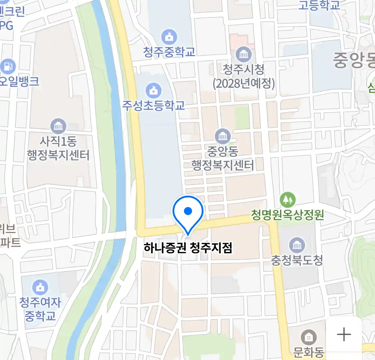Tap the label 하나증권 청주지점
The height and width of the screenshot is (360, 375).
click(x=188, y=248)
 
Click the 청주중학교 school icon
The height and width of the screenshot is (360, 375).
click(x=169, y=37)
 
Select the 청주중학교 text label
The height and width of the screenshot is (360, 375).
click(x=169, y=52)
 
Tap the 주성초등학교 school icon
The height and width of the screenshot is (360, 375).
click(x=153, y=90)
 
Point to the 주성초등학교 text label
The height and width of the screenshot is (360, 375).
click(x=153, y=105)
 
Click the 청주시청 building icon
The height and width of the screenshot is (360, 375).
click(x=244, y=54)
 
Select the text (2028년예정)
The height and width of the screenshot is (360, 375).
click(x=244, y=83)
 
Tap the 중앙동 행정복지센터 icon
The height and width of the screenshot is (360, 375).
click(x=223, y=136)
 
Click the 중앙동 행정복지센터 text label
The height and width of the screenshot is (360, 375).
click(x=223, y=158)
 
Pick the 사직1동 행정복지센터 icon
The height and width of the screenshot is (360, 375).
click(x=58, y=126)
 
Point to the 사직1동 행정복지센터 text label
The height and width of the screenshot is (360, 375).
click(x=58, y=148)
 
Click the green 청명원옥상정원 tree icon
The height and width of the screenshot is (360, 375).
click(x=287, y=200)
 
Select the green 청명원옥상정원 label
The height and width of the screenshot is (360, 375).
click(x=287, y=215)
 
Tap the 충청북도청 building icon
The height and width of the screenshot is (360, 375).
click(x=297, y=245)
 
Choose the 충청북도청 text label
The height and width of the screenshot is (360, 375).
click(x=297, y=260)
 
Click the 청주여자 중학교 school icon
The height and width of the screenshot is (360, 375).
click(x=40, y=287)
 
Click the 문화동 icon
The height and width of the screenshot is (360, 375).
click(x=309, y=338)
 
